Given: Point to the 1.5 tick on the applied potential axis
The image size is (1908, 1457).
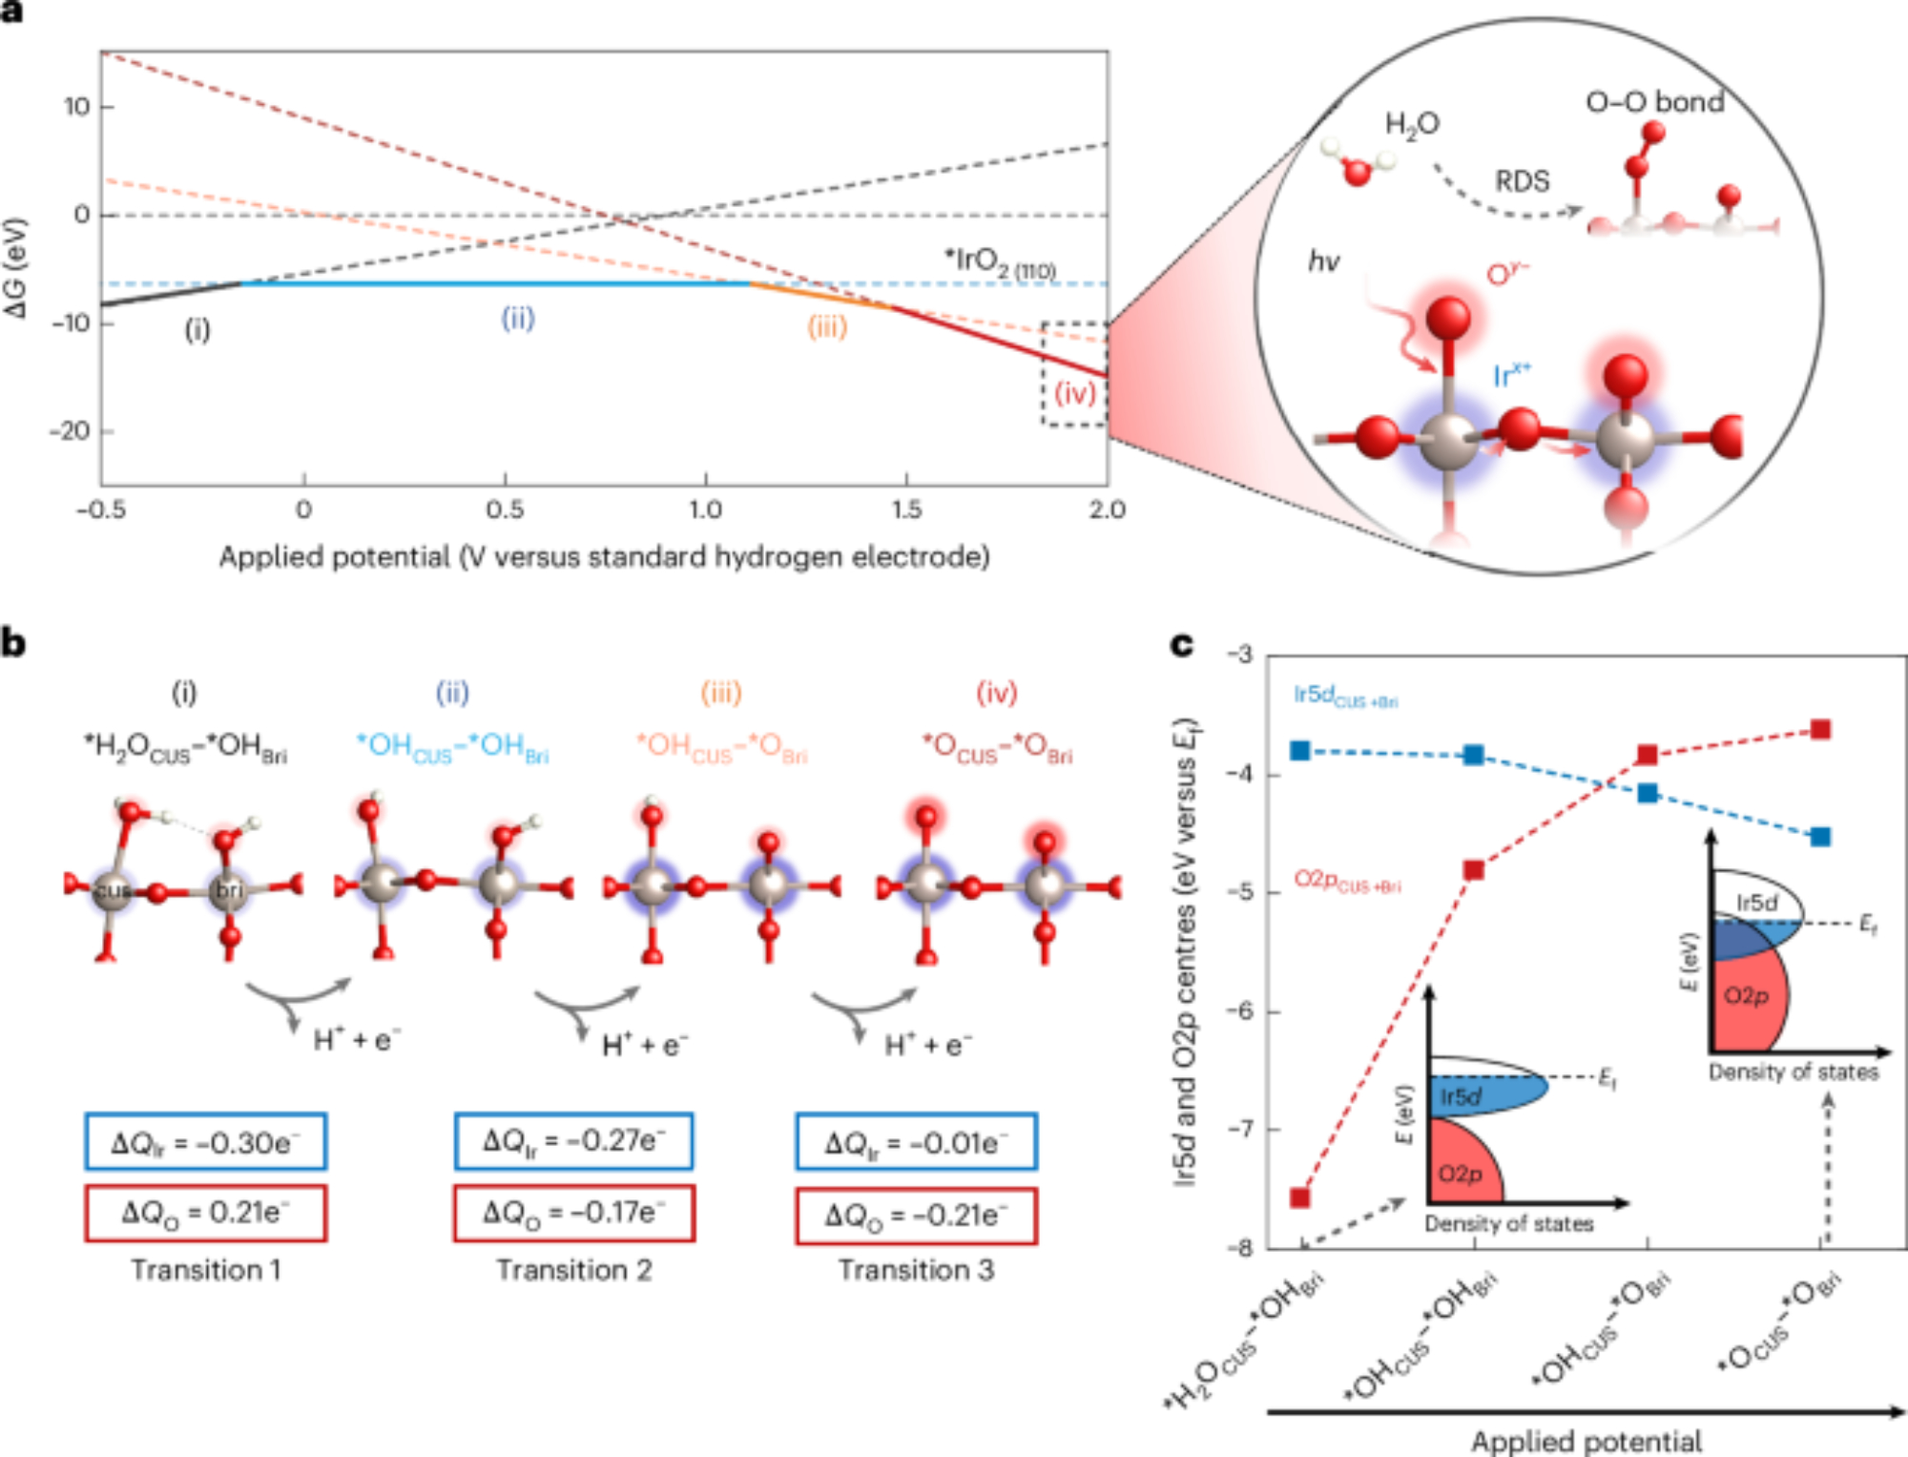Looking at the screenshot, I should [906, 510].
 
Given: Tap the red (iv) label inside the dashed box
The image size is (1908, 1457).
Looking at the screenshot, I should [1074, 392].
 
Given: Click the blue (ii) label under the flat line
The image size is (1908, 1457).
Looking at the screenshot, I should [518, 318].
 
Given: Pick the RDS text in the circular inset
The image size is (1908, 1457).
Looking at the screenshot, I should [1522, 181].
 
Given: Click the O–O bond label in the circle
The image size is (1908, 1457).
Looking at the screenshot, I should [1654, 102].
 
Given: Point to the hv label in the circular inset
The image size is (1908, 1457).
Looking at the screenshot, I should [1323, 260].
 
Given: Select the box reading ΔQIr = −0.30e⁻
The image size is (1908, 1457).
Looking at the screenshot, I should [205, 1141].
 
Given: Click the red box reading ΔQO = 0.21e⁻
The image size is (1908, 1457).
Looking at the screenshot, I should [205, 1213].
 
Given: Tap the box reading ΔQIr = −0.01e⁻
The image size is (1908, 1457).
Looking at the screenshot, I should [916, 1141].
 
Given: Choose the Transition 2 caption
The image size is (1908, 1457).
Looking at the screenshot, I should [573, 1270].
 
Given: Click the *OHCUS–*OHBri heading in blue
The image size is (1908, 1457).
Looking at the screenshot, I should [452, 747].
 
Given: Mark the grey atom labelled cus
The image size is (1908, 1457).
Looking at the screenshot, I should [112, 891].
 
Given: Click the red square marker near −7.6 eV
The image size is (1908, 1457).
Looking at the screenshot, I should [1299, 1197].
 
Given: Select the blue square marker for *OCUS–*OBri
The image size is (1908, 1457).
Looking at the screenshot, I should [1820, 837].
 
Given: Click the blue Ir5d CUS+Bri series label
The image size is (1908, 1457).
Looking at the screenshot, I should [1345, 696].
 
